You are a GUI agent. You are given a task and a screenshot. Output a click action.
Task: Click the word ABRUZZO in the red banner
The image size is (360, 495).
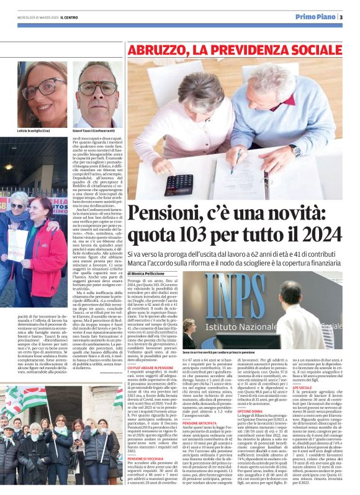pyautogui.click(x=153, y=49)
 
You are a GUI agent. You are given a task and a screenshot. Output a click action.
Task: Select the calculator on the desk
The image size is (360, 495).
pyautogui.click(x=179, y=184)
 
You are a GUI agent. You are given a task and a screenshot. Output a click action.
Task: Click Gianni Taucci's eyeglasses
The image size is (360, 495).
pyautogui.click(x=98, y=86)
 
